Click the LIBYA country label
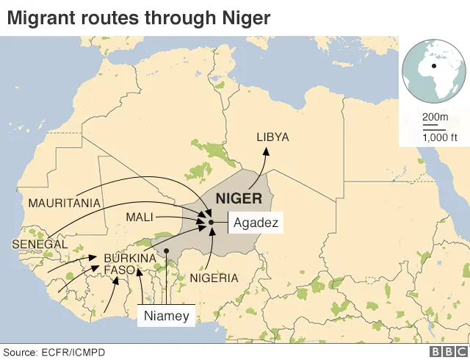click(272, 137)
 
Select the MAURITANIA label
click(64, 202)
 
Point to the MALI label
click(140, 217)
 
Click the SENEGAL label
click(40, 243)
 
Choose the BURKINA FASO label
click(129, 264)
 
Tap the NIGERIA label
click(214, 278)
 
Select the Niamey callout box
click(167, 317)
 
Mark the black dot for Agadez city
click(211, 222)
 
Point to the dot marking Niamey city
click(167, 251)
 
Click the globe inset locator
click(433, 71)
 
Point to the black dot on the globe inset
click(434, 66)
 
